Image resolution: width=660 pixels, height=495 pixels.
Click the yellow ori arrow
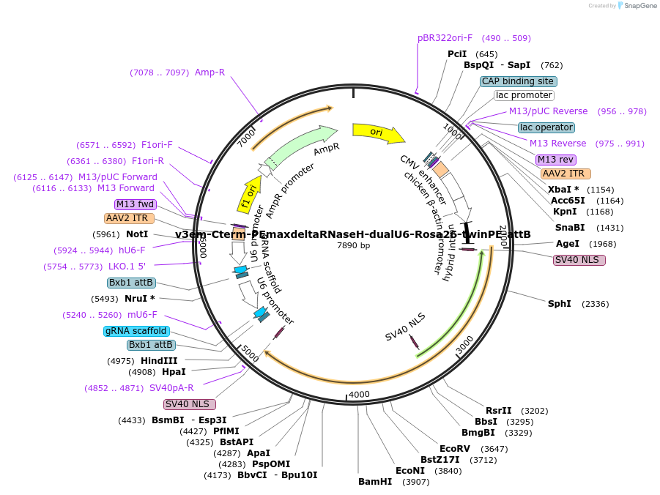(377, 133)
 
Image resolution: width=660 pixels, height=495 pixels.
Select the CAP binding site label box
(519, 81)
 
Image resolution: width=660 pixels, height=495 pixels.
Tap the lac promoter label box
(524, 95)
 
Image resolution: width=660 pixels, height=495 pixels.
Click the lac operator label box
(546, 127)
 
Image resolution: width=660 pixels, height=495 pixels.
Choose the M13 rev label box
(555, 160)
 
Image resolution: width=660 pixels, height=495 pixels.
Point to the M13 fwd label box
(136, 204)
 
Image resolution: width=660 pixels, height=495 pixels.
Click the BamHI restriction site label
(375, 481)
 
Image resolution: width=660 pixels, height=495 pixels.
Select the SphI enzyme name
(560, 303)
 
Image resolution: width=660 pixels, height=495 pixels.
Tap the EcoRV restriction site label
(454, 448)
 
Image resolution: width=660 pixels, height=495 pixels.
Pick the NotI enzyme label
(137, 234)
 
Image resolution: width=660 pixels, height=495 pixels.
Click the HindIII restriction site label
(159, 360)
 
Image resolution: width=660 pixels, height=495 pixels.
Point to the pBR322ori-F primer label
(445, 37)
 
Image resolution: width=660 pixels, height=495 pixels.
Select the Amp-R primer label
(210, 72)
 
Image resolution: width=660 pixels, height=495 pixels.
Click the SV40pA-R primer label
(171, 388)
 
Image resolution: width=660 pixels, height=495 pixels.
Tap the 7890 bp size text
(353, 245)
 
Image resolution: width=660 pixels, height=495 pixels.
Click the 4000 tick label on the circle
(359, 395)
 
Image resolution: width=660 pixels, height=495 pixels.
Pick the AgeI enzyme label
(568, 243)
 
